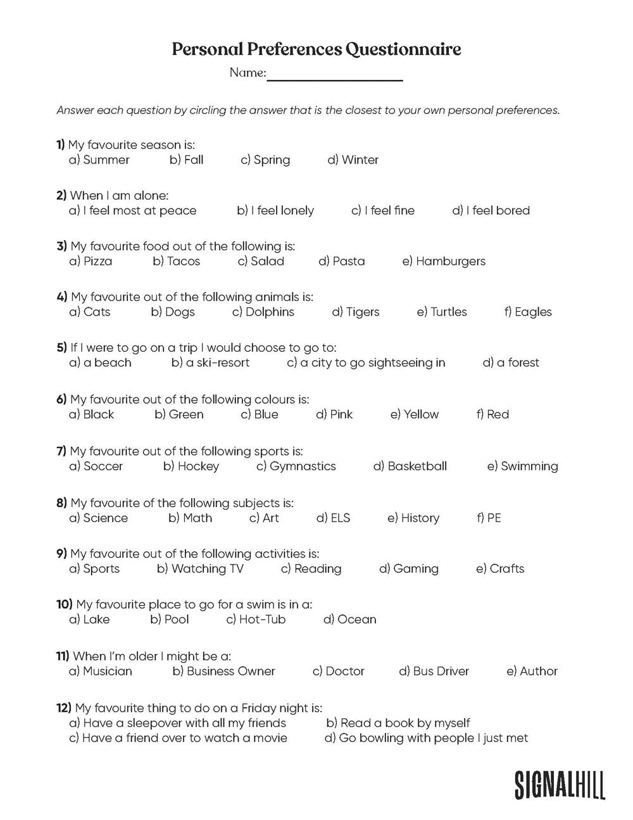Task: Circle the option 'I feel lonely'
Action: point(275,210)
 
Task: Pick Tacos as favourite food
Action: point(177,261)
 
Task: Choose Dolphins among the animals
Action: point(263,312)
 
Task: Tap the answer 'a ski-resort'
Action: point(211,362)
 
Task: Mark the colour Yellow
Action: point(415,414)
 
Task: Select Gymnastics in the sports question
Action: point(296,466)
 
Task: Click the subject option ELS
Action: point(334,518)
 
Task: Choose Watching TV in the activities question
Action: point(200,568)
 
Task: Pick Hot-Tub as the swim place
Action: point(256,619)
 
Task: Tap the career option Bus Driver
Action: point(434,671)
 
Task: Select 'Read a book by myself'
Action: point(398,723)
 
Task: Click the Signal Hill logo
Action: point(560,785)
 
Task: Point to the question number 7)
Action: point(61,451)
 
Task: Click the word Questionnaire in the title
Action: point(403,49)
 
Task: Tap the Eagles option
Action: point(528,312)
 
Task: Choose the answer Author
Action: point(532,671)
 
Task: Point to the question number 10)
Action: point(65,605)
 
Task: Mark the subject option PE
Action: point(489,518)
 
